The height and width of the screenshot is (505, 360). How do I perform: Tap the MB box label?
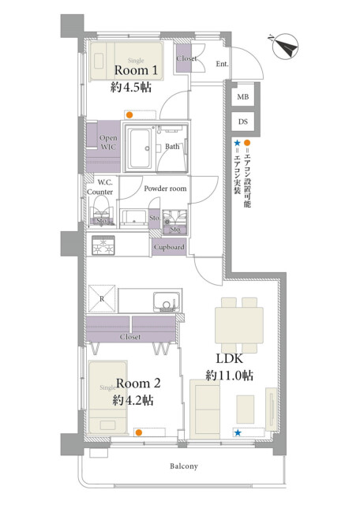(x=242, y=97)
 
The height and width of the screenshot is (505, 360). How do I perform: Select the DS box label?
(x=242, y=122)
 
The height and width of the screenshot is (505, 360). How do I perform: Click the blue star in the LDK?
(x=238, y=432)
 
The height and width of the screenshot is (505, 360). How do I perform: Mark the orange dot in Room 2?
(x=139, y=432)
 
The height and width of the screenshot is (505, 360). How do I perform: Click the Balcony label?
(x=183, y=466)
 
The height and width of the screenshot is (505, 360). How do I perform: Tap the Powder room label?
(x=165, y=189)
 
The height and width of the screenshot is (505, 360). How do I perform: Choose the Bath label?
(x=172, y=147)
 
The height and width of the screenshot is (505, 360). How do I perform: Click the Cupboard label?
(x=169, y=247)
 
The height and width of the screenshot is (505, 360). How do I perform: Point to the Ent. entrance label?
(x=222, y=65)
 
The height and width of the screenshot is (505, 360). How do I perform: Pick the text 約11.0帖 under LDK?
(x=228, y=375)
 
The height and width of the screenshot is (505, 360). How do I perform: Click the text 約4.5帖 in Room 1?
(x=131, y=88)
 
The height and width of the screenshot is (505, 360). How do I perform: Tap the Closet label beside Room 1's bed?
(x=186, y=59)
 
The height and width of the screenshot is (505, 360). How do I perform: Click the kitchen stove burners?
(x=103, y=247)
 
